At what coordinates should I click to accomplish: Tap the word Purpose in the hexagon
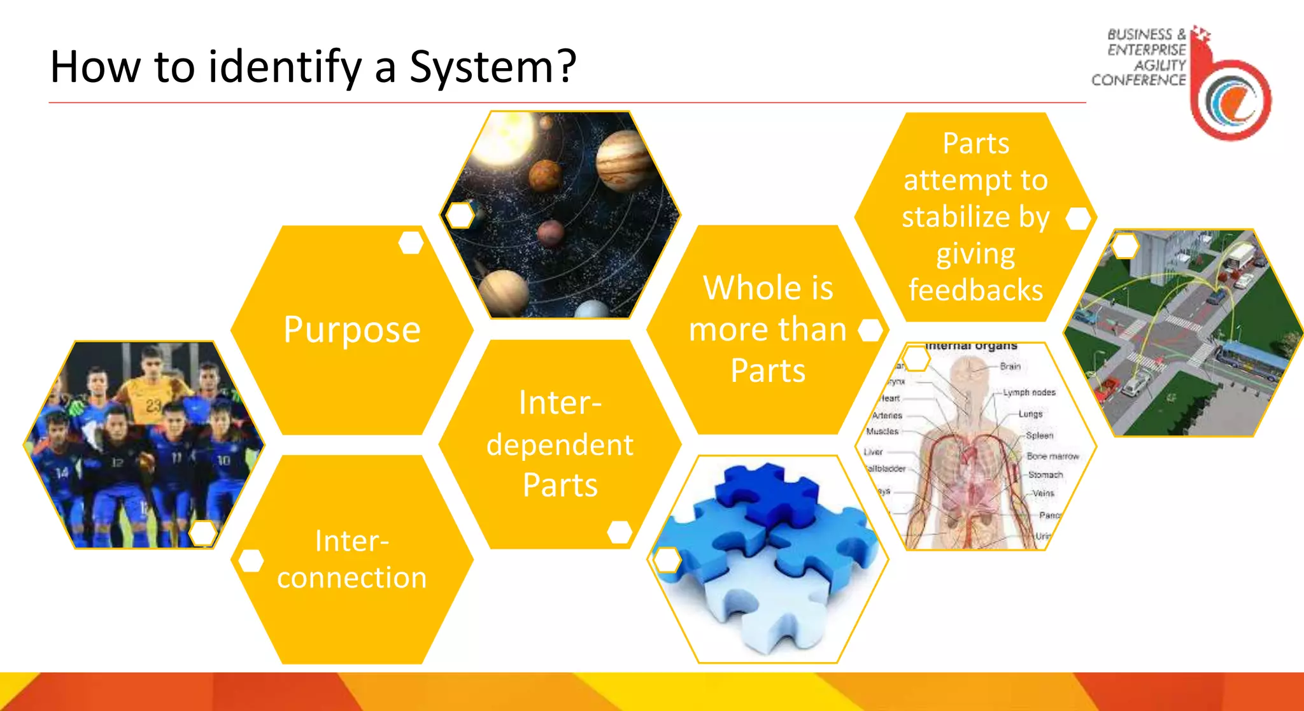pyautogui.click(x=351, y=330)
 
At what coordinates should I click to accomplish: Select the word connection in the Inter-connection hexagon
pyautogui.click(x=351, y=577)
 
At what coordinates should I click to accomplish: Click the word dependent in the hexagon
pyautogui.click(x=560, y=444)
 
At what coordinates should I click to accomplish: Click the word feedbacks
pyautogui.click(x=975, y=290)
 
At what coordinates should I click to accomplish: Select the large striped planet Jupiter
pyautogui.click(x=624, y=160)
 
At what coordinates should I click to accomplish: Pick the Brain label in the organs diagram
pyautogui.click(x=1010, y=367)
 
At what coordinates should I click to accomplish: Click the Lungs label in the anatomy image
pyautogui.click(x=1030, y=414)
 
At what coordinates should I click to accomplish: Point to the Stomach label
pyautogui.click(x=1045, y=475)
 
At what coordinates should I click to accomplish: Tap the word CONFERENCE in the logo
pyautogui.click(x=1138, y=80)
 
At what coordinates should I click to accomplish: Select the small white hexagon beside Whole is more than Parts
pyautogui.click(x=870, y=330)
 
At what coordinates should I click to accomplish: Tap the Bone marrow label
pyautogui.click(x=1052, y=456)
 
